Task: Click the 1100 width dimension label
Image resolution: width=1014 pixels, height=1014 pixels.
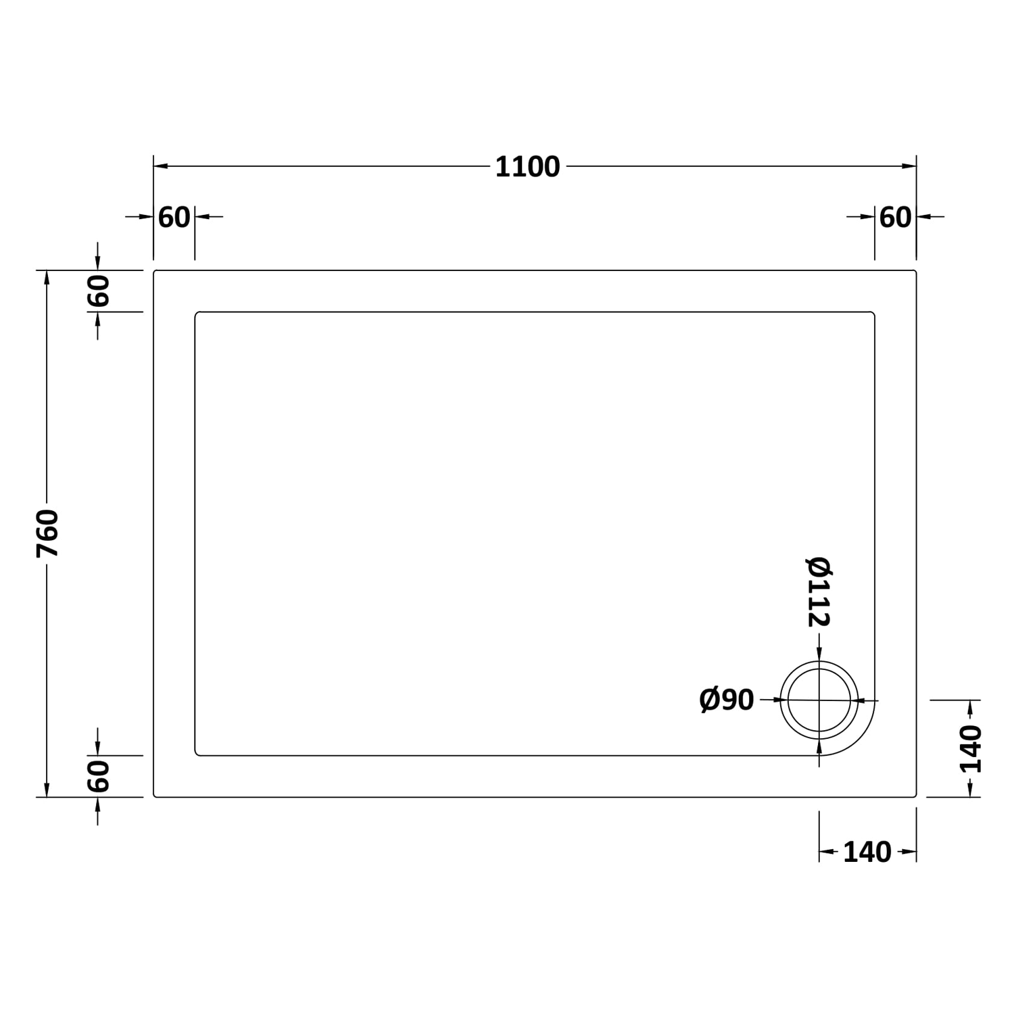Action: click(x=527, y=167)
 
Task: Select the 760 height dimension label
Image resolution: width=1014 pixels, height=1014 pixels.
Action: click(x=47, y=533)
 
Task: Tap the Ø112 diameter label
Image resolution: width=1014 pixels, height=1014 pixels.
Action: click(x=819, y=592)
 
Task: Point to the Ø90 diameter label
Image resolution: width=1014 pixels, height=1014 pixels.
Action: click(x=726, y=700)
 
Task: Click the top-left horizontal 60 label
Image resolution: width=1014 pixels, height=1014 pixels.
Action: click(x=174, y=218)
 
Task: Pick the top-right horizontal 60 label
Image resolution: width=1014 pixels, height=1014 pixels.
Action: click(x=895, y=218)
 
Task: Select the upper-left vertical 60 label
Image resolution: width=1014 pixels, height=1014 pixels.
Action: click(x=98, y=291)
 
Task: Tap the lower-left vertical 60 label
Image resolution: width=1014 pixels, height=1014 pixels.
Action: click(x=98, y=776)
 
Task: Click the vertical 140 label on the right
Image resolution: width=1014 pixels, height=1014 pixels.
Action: click(x=971, y=749)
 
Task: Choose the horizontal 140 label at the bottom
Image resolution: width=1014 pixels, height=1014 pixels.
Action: click(x=867, y=853)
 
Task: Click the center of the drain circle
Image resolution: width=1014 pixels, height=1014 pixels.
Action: click(x=819, y=700)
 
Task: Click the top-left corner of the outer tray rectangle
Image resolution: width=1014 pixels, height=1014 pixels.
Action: click(x=155, y=272)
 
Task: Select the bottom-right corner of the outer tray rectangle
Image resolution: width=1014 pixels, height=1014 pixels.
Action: click(x=915, y=796)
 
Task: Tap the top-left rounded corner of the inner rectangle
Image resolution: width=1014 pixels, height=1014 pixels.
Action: click(x=197, y=314)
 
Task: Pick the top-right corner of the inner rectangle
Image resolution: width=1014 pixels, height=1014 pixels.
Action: click(x=873, y=314)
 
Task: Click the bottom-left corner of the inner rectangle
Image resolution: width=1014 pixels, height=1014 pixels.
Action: click(x=197, y=754)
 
